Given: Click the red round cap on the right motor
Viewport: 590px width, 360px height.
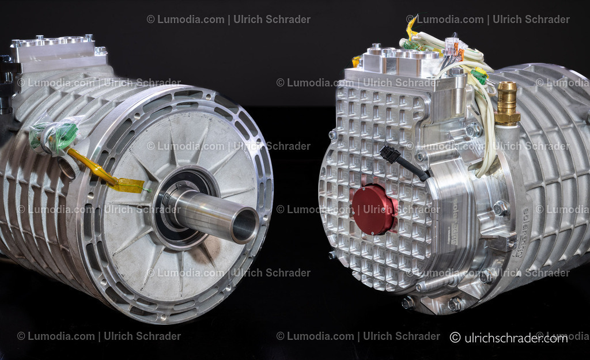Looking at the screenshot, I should point(373,209).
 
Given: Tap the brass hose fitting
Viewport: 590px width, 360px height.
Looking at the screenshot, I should point(507,104).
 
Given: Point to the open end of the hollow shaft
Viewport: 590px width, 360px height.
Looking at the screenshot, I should point(245,225).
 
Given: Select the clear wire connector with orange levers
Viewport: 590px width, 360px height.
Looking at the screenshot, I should point(454,48).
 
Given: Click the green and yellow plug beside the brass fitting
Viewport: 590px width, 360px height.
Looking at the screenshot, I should point(479,75).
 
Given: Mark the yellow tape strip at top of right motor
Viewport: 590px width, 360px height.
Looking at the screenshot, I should point(411,26).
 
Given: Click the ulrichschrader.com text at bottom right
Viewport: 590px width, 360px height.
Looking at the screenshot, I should point(509,338).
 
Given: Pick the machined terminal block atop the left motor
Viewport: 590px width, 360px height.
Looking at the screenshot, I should point(58,51).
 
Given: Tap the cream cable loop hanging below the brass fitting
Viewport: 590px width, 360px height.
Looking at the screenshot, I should point(489,144).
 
